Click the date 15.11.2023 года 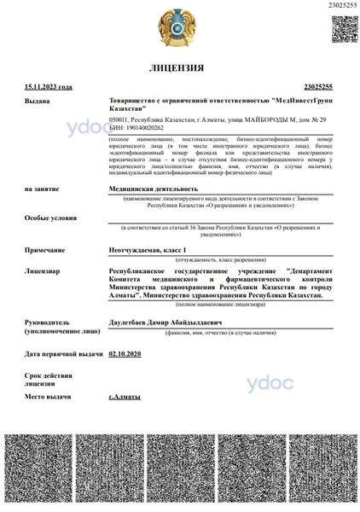pos(49,87)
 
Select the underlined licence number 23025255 pos(321,87)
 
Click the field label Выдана pos(38,101)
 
